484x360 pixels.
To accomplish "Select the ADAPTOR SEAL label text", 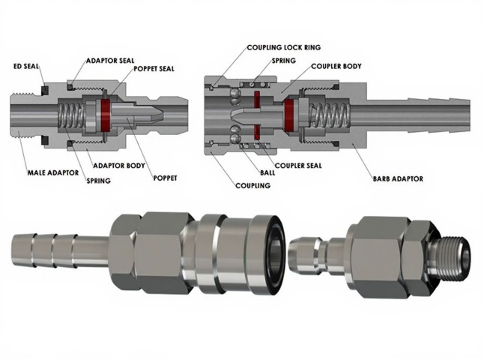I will coord(110,60).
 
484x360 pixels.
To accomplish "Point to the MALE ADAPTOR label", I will coord(53,172).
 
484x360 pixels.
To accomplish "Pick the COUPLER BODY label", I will coord(336,66).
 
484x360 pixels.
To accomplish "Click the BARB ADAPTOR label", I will coord(398,178).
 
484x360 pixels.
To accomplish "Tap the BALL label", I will coord(267,172).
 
